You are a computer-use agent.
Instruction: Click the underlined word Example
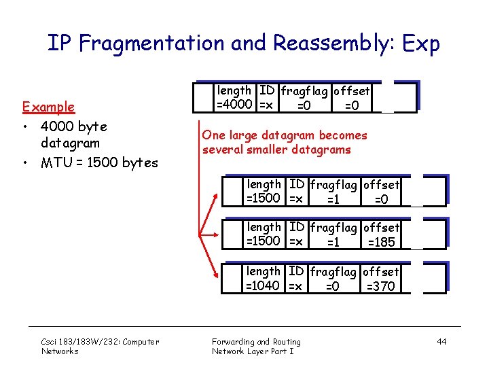pos(48,107)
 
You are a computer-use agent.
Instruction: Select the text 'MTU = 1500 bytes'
pos(99,162)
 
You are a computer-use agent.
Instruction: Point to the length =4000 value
pos(235,105)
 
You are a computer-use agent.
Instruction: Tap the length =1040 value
pos(264,285)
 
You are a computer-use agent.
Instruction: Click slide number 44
pos(441,342)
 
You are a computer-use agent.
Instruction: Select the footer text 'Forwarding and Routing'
pos(256,342)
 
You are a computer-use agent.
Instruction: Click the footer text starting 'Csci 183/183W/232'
pos(100,342)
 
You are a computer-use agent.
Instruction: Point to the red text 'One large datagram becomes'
pos(285,135)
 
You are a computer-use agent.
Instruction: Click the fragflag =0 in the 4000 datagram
pos(304,105)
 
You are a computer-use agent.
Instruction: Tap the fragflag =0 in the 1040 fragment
pos(333,286)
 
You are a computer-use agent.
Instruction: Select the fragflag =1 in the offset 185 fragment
pos(333,243)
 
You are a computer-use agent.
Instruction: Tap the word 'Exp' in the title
pos(421,43)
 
